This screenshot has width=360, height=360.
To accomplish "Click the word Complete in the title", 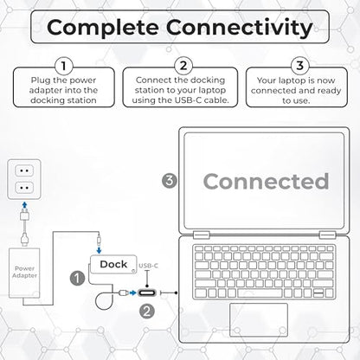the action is (x=103, y=28).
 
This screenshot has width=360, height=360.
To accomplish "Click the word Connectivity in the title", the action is (x=240, y=28).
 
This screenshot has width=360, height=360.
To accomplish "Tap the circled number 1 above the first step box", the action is (x=64, y=66).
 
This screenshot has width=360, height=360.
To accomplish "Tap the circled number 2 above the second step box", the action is (x=183, y=66).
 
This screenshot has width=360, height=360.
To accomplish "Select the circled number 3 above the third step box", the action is (x=300, y=66).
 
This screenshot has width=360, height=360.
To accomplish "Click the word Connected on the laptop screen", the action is (x=266, y=181).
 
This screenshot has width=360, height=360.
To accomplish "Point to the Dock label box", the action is (x=113, y=264).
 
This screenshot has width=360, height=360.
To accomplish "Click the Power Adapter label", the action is (x=24, y=272).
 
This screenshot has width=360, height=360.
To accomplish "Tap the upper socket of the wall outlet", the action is (x=24, y=170).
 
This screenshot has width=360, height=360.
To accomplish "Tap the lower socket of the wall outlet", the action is (x=24, y=188).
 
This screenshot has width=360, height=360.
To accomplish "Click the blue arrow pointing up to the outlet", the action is (x=25, y=205).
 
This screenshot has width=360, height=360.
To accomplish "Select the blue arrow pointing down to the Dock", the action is (x=99, y=250).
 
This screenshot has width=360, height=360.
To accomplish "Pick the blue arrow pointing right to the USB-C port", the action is (x=132, y=293).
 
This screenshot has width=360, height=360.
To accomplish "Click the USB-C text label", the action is (x=148, y=266).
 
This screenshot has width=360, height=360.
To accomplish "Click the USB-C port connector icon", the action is (x=147, y=293).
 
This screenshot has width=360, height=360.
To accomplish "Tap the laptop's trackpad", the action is (x=259, y=319).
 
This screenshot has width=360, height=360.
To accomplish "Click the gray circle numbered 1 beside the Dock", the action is (x=77, y=278).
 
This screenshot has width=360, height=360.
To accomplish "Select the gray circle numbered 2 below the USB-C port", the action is (x=147, y=312).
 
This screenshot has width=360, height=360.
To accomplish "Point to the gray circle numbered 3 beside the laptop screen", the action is (x=170, y=181).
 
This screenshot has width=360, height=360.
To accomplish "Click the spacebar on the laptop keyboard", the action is (x=260, y=293).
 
